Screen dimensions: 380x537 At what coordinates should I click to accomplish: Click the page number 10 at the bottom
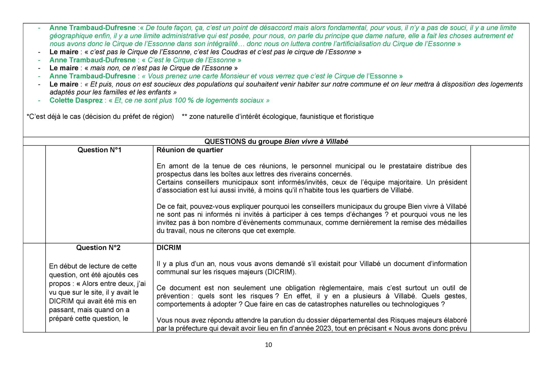268,345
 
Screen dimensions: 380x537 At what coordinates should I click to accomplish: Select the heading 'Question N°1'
99,150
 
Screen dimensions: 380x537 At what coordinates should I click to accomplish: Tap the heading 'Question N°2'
98,248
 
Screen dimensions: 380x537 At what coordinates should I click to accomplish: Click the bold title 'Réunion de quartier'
190,150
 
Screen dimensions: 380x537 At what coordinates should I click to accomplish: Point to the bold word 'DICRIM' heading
169,248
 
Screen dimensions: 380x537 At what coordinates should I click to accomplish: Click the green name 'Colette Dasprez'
76,100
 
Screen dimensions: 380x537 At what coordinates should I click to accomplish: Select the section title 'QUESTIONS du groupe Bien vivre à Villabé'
276,142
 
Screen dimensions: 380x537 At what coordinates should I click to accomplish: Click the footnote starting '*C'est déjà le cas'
100,117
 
